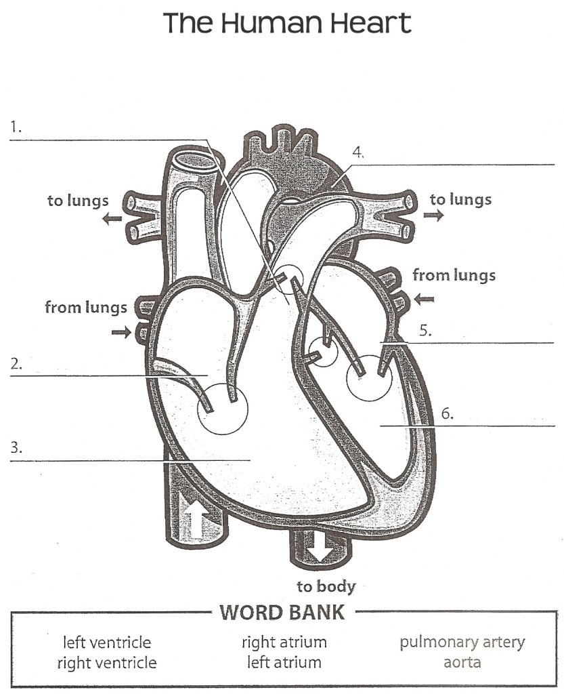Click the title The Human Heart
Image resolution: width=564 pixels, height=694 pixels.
click(287, 23)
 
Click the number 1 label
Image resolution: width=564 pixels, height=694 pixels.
click(16, 126)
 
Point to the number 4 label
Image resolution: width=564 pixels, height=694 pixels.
click(357, 152)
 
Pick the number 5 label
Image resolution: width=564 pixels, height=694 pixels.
click(425, 331)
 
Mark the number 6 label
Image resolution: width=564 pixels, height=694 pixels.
click(446, 413)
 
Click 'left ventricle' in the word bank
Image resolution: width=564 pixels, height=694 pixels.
click(107, 642)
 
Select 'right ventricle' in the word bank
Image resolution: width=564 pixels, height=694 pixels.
click(107, 662)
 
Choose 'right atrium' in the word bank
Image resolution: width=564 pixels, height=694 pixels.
click(284, 642)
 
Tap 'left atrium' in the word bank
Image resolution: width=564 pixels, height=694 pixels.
click(284, 662)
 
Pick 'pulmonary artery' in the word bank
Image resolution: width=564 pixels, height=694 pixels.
click(462, 642)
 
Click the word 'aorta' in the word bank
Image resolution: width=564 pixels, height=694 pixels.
click(462, 662)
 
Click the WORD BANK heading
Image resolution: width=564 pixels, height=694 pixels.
click(282, 613)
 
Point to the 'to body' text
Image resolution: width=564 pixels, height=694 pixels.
click(326, 586)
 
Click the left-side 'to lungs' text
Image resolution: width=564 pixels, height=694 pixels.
click(78, 201)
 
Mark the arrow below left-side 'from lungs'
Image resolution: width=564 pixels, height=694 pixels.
click(121, 331)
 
